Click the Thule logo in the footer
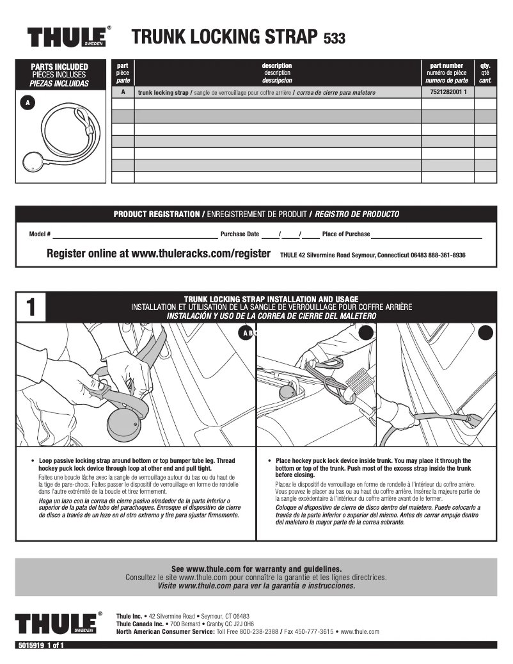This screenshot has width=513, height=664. (58, 623)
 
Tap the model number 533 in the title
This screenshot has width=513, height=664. (335, 38)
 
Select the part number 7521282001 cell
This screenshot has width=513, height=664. (447, 92)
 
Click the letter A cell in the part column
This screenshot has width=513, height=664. (123, 92)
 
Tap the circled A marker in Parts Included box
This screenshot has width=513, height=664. (27, 102)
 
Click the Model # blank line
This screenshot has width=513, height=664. (135, 235)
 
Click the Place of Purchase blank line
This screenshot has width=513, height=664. (426, 235)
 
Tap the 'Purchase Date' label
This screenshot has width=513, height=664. (240, 234)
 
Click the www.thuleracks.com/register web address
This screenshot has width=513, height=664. (201, 254)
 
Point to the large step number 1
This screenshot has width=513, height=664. (31, 308)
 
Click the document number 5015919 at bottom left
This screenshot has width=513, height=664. (30, 645)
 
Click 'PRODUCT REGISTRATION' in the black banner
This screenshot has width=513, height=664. (156, 214)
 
